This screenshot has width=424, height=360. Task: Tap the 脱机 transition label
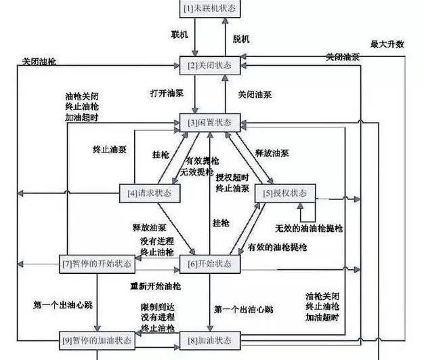coord(242,39)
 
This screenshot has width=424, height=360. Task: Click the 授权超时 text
coord(233,178)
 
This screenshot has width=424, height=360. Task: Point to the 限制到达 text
coord(154,309)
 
